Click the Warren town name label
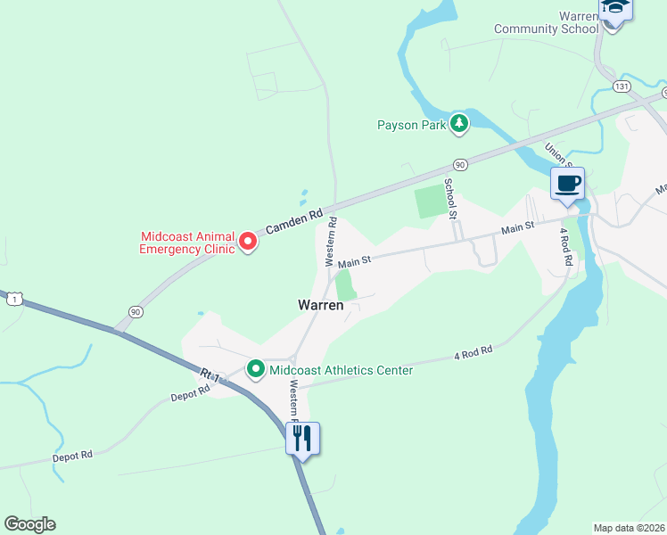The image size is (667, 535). (321, 305)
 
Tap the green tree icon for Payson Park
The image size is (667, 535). (459, 124)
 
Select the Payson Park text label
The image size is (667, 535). (410, 125)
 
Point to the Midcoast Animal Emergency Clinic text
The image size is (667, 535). (187, 243)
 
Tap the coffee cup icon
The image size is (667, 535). (568, 184)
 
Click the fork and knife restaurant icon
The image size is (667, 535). (302, 438)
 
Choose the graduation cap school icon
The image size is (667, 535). (615, 8)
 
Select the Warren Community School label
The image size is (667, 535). (547, 23)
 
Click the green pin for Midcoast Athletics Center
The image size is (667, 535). (256, 368)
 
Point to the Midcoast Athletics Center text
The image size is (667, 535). (342, 370)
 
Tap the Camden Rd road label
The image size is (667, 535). (293, 223)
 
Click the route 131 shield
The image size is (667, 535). (622, 86)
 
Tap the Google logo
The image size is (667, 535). (29, 524)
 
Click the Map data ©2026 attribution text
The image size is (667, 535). (630, 527)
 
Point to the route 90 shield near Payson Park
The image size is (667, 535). (460, 165)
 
